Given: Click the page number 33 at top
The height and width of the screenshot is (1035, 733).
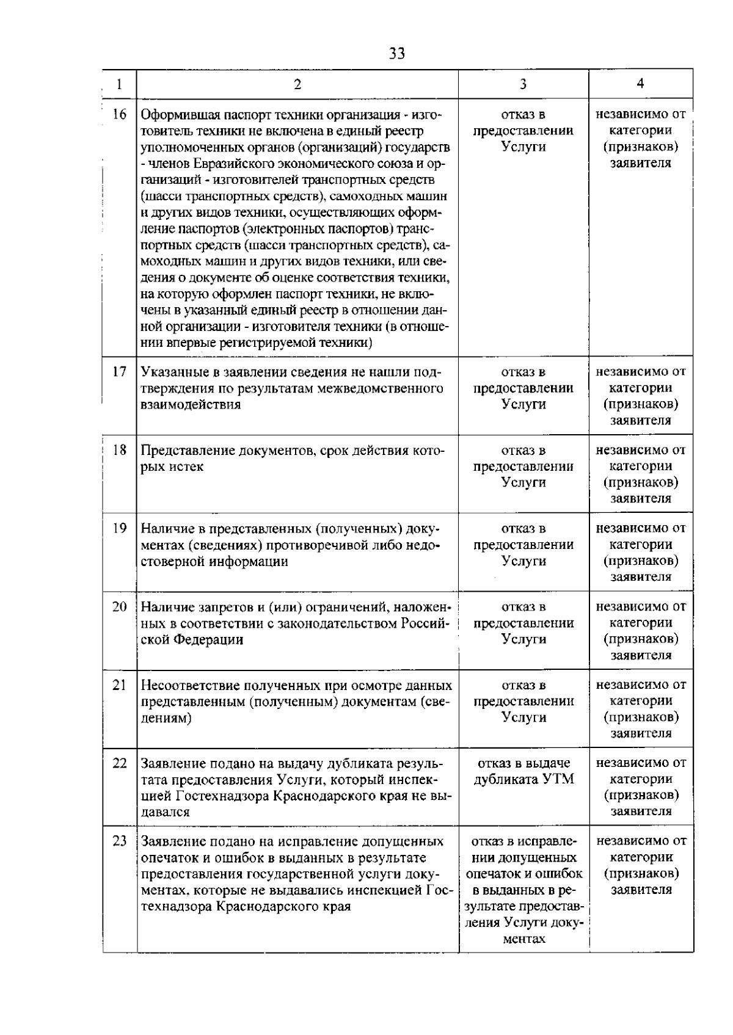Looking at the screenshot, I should (396, 54).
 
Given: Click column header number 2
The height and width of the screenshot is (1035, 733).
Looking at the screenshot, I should (297, 84).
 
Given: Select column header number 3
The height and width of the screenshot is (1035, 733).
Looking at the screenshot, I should (523, 84).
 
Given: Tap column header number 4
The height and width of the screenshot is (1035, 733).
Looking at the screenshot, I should (640, 84).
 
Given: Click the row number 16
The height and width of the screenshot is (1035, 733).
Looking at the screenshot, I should (120, 114).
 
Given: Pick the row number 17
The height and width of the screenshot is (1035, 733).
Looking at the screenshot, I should (120, 371).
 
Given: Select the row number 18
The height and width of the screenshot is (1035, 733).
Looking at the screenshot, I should (120, 450).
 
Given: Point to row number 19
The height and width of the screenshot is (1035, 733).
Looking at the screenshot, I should (120, 528).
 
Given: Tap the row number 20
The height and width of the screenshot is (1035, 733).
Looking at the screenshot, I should (120, 606).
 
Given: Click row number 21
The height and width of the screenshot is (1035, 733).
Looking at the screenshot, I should (120, 685).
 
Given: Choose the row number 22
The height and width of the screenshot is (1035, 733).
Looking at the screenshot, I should (120, 763).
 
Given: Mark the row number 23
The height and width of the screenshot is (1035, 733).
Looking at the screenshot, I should (120, 841).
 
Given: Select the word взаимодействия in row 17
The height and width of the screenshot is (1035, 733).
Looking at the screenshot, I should (191, 404).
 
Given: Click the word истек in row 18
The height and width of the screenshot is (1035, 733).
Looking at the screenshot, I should (185, 467).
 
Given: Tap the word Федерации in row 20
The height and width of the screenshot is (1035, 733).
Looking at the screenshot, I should (209, 639).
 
